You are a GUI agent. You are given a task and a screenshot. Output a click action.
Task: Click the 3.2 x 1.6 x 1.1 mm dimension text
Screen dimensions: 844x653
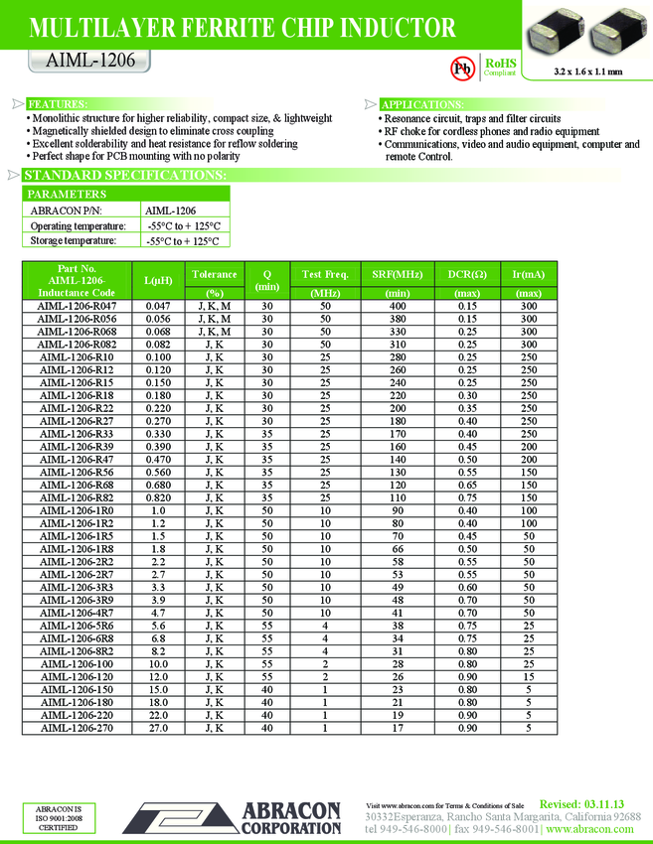587,71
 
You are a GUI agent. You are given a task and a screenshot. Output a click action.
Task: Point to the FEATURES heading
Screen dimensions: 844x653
56,104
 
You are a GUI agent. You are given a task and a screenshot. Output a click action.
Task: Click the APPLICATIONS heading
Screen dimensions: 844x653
421,104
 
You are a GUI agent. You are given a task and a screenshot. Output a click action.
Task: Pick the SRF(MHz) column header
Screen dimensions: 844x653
397,274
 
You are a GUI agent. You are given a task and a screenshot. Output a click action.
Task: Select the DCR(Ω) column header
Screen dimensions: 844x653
466,274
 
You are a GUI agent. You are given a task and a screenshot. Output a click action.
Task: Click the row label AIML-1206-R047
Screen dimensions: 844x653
77,308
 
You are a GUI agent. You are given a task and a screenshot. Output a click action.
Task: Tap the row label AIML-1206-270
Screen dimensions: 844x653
77,728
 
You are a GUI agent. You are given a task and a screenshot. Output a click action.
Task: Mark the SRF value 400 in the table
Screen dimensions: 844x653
397,308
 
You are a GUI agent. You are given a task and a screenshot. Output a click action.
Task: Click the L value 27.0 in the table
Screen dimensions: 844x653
158,728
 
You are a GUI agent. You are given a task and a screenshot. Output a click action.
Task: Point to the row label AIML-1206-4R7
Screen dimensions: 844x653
77,614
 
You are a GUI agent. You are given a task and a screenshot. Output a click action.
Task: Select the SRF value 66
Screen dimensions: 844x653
397,548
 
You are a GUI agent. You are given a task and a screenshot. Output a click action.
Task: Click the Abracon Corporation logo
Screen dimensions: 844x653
267,817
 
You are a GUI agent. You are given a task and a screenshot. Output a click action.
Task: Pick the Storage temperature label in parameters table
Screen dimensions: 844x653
73,240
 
